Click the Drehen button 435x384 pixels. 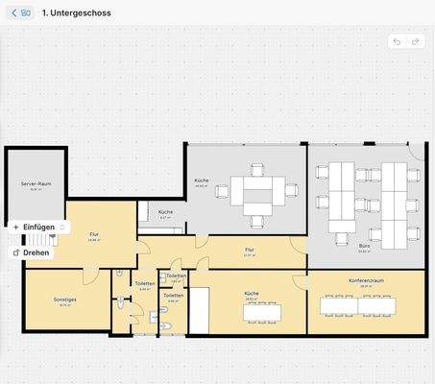point(31,252)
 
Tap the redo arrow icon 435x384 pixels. point(416,41)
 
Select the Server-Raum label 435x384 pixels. point(36,183)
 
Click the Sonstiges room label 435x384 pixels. point(65,300)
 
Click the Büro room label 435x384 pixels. point(365,246)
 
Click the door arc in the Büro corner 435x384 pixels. point(414,154)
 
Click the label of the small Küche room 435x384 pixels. point(165,212)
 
